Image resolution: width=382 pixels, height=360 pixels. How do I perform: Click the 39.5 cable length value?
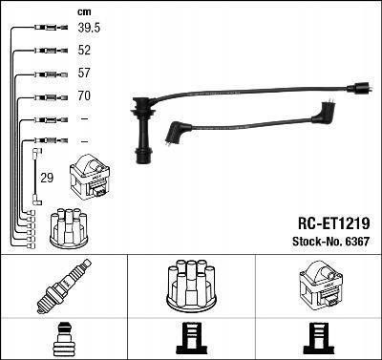[x=89, y=28]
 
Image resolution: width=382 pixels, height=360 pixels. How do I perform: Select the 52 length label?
[x=84, y=51]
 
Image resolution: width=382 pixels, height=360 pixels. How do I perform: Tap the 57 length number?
[x=84, y=73]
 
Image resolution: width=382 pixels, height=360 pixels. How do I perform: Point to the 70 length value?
[x=84, y=95]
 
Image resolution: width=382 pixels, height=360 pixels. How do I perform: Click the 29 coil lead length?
[x=47, y=178]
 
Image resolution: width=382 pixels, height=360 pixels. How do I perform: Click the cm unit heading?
[x=84, y=12]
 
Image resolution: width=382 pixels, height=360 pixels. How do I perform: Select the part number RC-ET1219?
[x=334, y=223]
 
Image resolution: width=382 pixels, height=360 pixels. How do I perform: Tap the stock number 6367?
[x=357, y=242]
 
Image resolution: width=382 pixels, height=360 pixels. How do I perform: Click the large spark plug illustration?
[x=64, y=286]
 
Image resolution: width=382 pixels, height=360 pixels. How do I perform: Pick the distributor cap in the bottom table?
[x=191, y=285]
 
